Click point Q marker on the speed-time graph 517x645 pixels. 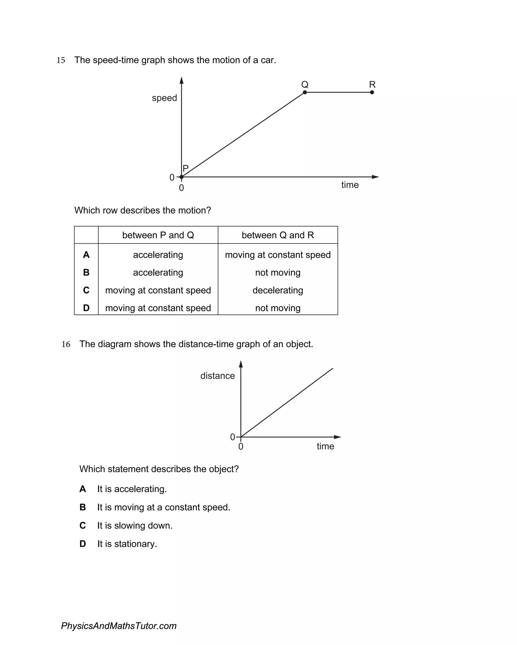click(305, 92)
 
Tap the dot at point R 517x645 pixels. click(372, 92)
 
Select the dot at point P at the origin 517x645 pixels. click(181, 177)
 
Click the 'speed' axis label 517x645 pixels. click(164, 98)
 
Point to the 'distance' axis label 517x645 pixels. click(218, 376)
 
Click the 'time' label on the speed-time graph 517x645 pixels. click(350, 185)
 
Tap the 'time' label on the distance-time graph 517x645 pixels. click(325, 446)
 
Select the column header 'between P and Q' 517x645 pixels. click(158, 235)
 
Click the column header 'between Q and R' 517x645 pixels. click(278, 235)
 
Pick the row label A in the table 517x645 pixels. click(86, 255)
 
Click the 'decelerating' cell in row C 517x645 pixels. click(278, 290)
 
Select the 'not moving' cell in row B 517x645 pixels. click(278, 273)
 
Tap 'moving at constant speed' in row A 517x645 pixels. click(278, 255)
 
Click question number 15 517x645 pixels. click(61, 60)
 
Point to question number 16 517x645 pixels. click(66, 344)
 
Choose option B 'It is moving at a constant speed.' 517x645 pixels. click(163, 507)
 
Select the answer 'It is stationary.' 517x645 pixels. click(127, 544)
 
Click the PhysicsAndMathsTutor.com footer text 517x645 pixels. click(119, 626)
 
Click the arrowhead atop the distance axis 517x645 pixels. click(241, 364)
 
